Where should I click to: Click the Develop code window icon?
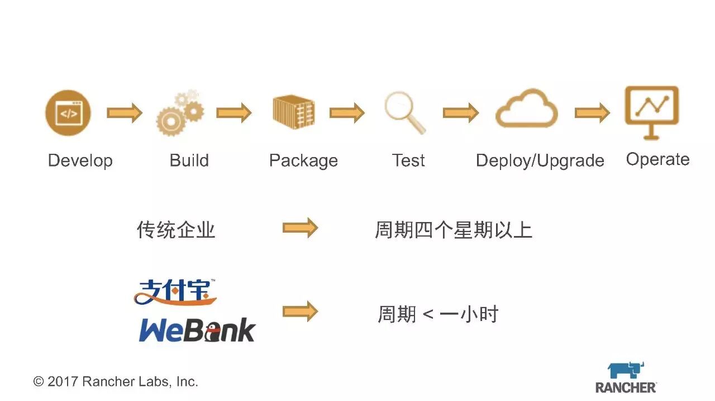point(68,113)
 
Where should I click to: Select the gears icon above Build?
point(179,112)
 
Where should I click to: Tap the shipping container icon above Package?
point(293,112)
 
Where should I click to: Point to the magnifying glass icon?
point(404,112)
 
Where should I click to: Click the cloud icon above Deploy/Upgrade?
point(526,109)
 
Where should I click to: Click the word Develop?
point(80,161)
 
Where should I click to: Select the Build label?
point(189,161)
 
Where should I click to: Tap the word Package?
point(303,161)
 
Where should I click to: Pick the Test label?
point(408,161)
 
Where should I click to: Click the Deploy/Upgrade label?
point(540,161)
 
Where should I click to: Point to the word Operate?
point(657,159)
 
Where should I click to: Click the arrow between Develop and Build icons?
point(124,113)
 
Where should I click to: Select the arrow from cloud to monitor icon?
point(592,113)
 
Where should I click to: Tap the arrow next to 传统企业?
point(300,228)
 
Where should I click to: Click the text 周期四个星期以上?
point(453,230)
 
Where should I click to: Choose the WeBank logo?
point(197,331)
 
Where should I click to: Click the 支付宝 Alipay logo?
point(175,292)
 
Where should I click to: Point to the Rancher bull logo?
point(626,370)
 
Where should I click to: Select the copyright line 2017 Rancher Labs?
point(116,381)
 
